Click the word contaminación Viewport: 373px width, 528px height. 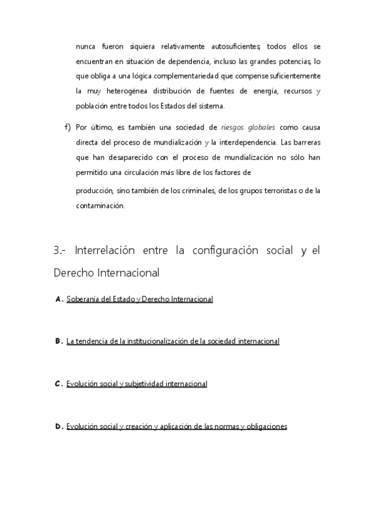[x=100, y=206]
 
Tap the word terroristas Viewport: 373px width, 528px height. [x=271, y=191]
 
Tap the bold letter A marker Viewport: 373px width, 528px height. [x=59, y=299]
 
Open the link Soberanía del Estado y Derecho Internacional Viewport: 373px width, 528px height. [x=139, y=299]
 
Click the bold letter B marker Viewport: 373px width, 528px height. [x=59, y=341]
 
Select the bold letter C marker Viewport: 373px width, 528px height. [x=59, y=384]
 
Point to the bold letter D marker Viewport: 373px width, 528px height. [x=59, y=427]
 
